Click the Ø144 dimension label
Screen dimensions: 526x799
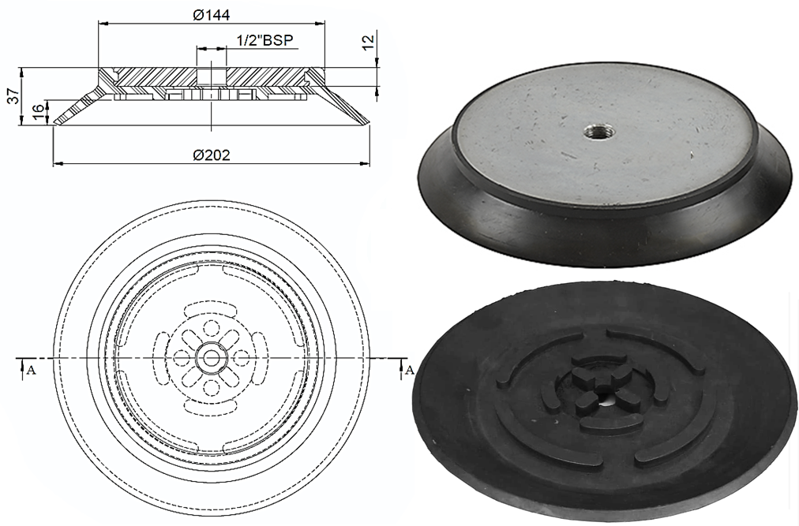pos(211,14)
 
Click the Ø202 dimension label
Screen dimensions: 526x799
pos(211,155)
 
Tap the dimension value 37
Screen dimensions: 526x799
pos(12,96)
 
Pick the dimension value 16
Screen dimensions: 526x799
pos(36,112)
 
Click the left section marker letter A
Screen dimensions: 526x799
pos(31,369)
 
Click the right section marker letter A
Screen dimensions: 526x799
pos(408,369)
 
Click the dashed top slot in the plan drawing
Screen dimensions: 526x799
pos(211,304)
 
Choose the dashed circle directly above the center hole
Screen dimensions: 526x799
pos(211,327)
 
